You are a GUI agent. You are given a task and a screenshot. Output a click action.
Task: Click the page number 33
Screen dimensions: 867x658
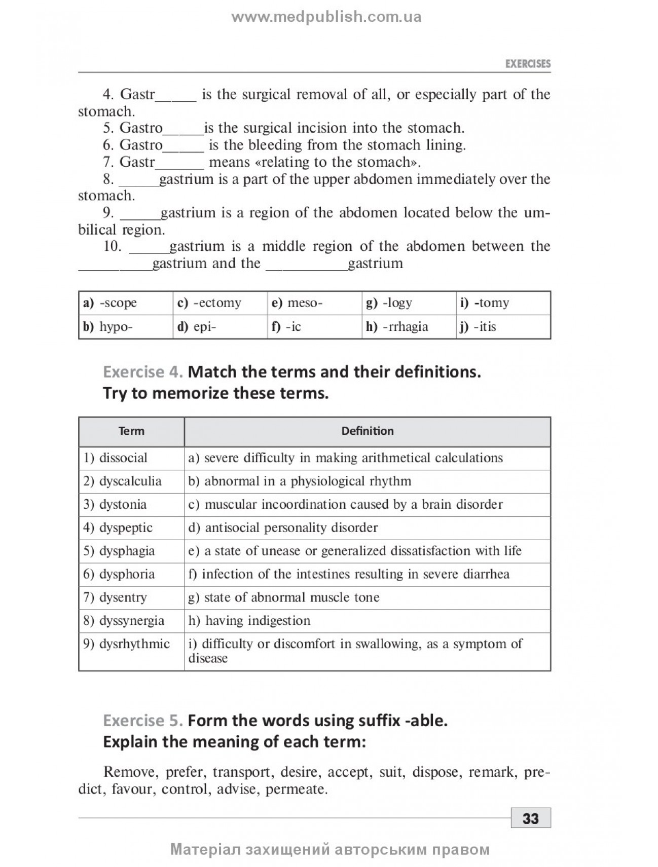[x=530, y=818]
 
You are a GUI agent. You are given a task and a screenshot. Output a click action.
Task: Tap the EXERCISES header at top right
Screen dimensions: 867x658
[x=528, y=64]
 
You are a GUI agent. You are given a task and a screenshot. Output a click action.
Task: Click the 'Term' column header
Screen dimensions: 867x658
[x=131, y=431]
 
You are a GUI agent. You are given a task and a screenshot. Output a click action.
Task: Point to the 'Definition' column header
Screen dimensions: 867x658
[x=367, y=431]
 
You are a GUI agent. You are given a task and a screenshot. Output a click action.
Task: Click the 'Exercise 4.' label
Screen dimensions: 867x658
[x=142, y=372]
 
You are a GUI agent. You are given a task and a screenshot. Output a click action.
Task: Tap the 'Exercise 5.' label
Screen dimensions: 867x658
[x=142, y=721]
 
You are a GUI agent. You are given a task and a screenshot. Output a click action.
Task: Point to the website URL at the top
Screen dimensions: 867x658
[x=326, y=17]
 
